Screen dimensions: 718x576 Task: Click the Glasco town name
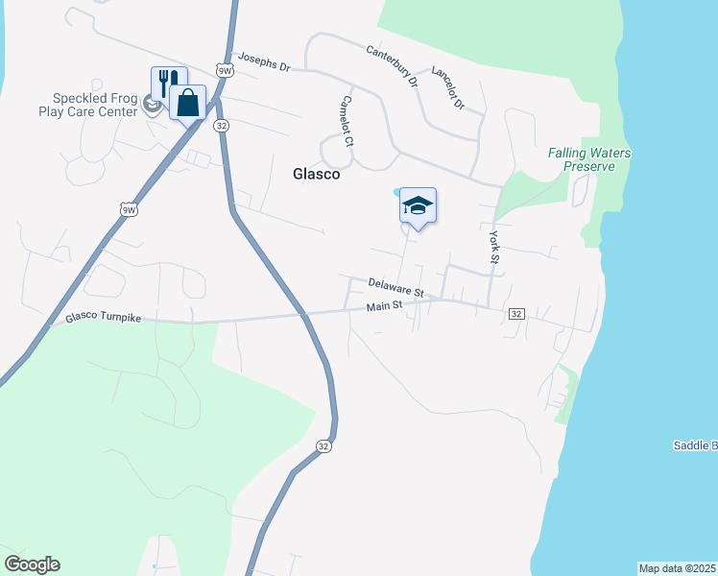click(x=317, y=175)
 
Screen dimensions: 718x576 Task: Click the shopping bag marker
click(x=188, y=101)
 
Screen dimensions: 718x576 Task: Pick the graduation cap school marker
click(x=418, y=205)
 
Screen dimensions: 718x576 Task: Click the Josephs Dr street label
click(x=264, y=62)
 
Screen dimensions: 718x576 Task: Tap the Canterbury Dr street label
click(x=393, y=64)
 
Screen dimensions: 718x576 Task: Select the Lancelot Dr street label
click(x=448, y=87)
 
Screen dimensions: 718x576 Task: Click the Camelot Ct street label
click(x=347, y=121)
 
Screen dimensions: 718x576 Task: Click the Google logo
click(x=32, y=564)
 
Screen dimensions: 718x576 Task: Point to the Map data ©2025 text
click(x=678, y=568)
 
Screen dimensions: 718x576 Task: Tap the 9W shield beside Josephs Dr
click(x=225, y=71)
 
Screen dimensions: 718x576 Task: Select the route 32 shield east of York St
click(x=516, y=314)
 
